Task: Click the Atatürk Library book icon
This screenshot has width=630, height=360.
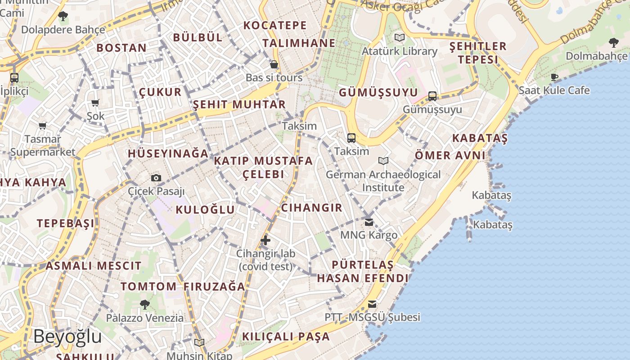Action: click(399, 37)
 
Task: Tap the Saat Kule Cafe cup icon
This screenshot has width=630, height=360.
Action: click(554, 77)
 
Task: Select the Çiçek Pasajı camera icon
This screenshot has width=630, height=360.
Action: click(156, 178)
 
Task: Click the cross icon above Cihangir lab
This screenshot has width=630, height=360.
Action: click(265, 240)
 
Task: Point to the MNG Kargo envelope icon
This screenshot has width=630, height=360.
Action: click(369, 222)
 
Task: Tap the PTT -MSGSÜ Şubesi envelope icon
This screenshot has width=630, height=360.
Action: click(372, 304)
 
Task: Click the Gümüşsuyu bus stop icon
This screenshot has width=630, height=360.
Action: click(432, 96)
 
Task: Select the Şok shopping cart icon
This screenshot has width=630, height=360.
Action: click(95, 103)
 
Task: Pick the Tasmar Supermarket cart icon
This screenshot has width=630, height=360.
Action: click(42, 126)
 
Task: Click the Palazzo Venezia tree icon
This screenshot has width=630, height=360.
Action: click(144, 305)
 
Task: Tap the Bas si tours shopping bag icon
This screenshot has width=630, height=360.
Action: click(274, 65)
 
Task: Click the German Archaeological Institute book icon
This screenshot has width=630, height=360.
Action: click(383, 161)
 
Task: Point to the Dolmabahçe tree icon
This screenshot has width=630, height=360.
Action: click(613, 43)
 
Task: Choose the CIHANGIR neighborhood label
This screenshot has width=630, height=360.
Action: click(311, 208)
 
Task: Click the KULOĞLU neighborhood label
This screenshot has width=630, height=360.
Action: click(205, 210)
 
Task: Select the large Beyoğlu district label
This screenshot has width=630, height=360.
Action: click(67, 337)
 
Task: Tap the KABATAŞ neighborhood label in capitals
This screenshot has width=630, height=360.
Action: click(480, 138)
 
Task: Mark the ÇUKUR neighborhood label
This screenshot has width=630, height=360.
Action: click(160, 92)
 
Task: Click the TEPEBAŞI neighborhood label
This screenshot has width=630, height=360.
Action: click(66, 224)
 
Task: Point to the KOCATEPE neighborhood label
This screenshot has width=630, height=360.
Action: click(275, 26)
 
